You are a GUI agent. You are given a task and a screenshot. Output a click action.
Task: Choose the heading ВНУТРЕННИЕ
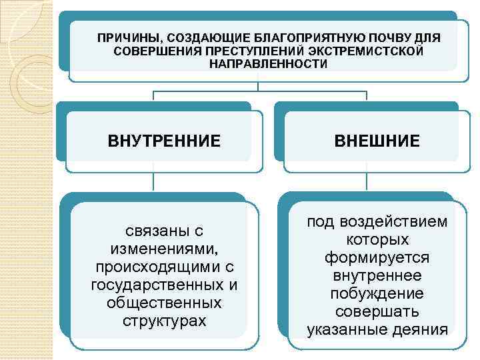(164, 141)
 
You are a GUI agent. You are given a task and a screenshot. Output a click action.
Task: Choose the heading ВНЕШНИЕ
(377, 141)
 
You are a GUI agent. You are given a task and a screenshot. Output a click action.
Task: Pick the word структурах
(164, 321)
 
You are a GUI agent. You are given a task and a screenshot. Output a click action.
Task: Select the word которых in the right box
(377, 239)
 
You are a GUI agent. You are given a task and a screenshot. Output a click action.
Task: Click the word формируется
(377, 257)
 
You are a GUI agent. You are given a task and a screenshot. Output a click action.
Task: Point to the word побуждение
(377, 293)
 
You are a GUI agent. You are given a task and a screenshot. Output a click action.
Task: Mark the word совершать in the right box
(377, 311)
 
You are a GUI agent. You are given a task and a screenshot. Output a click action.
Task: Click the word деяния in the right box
(419, 329)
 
